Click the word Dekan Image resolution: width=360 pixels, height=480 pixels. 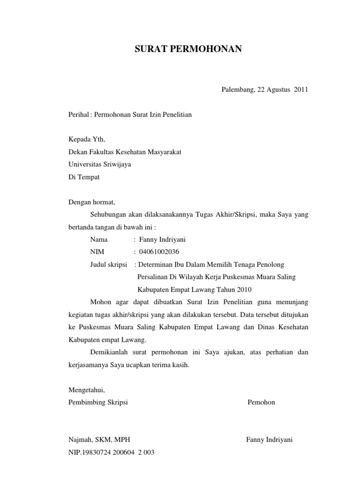click(78, 152)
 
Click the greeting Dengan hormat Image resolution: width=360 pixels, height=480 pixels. click(91, 202)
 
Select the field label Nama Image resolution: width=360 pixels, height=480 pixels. click(99, 240)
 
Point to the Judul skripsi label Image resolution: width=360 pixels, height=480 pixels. click(109, 264)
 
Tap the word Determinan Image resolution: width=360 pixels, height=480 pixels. click(157, 264)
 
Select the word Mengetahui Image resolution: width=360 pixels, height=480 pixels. click(87, 390)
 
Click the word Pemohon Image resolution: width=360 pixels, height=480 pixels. click(261, 402)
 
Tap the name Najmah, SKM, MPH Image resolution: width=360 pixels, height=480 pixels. click(99, 440)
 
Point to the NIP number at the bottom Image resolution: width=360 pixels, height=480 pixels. click(112, 452)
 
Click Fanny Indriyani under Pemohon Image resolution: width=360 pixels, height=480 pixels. click(269, 440)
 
